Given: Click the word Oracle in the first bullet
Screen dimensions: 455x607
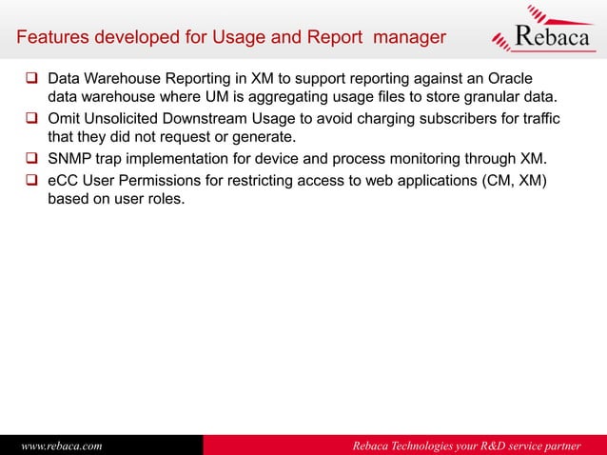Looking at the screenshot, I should pyautogui.click(x=510, y=77).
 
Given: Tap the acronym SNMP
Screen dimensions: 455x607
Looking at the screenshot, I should pyautogui.click(x=70, y=156).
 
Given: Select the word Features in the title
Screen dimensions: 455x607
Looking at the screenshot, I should pyautogui.click(x=49, y=38).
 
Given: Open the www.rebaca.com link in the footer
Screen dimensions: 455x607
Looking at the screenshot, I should pyautogui.click(x=62, y=445).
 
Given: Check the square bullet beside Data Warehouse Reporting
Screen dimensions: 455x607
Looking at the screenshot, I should pyautogui.click(x=31, y=77).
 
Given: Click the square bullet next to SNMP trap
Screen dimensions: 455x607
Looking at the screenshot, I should pyautogui.click(x=31, y=156).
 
